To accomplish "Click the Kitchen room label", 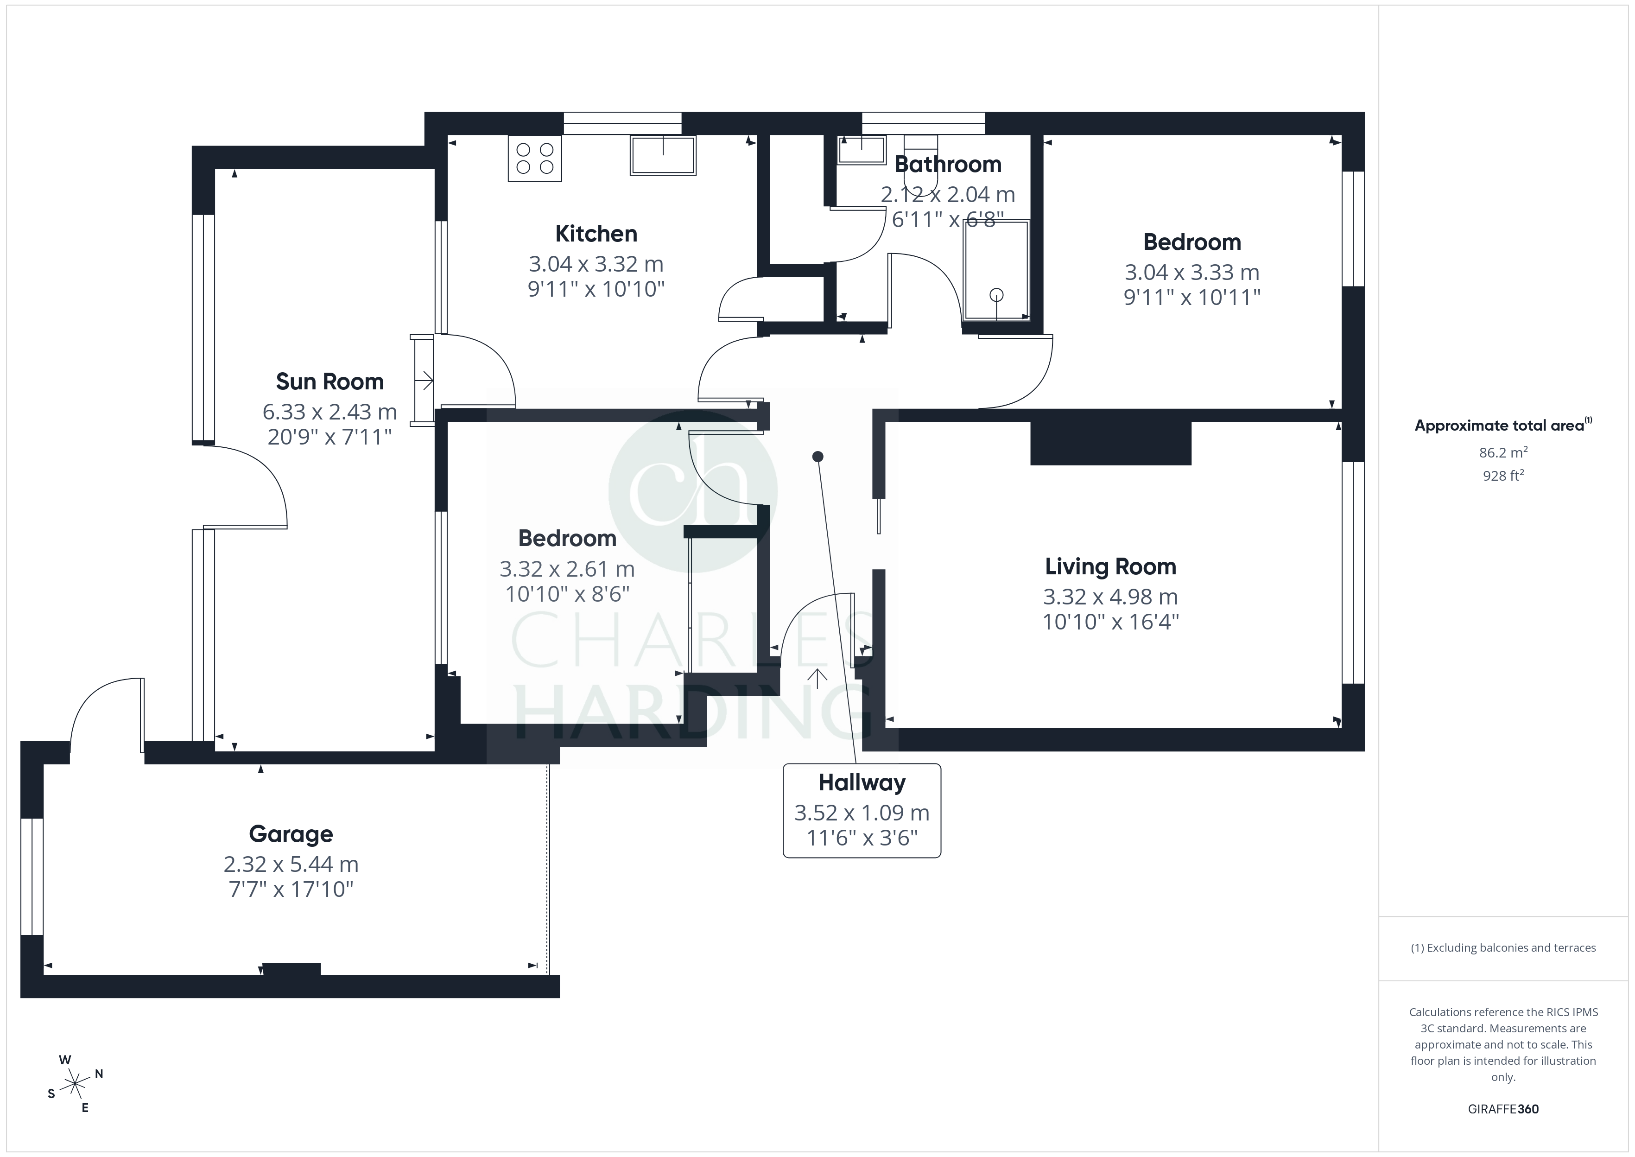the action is coord(596,234).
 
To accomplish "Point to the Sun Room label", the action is coord(330,382).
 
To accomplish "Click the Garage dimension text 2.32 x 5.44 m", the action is coord(291,864).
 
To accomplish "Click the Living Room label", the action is coord(1110,567).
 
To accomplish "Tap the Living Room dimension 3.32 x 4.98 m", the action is coord(1110,597).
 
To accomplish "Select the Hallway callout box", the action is coord(862,811).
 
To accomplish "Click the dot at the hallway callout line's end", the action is coord(817,456).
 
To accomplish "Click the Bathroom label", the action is coord(948,165).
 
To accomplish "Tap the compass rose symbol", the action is coord(75,1084).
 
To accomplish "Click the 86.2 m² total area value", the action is coord(1502,452).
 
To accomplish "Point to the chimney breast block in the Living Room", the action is coord(1111,443).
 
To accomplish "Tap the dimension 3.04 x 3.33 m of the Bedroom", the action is coord(1192,272).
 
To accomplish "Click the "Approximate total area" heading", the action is coord(1502,426).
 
